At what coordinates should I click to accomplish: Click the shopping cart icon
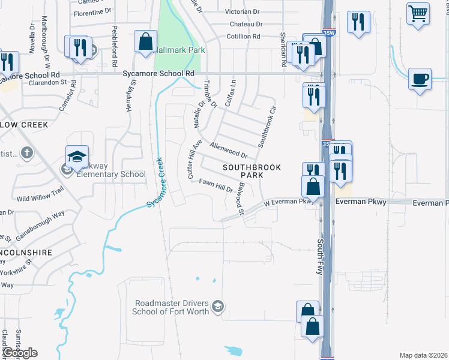pyautogui.click(x=418, y=13)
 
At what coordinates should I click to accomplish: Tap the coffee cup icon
pyautogui.click(x=420, y=79)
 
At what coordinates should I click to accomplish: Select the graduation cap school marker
pyautogui.click(x=77, y=157)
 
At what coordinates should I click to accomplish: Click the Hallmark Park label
pyautogui.click(x=179, y=50)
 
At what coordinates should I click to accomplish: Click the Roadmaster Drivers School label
pyautogui.click(x=172, y=307)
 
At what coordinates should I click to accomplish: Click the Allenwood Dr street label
pyautogui.click(x=229, y=150)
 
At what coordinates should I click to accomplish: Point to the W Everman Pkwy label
pyautogui.click(x=289, y=203)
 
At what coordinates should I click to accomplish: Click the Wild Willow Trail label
pyautogui.click(x=40, y=194)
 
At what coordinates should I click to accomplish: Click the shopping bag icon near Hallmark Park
pyautogui.click(x=145, y=42)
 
